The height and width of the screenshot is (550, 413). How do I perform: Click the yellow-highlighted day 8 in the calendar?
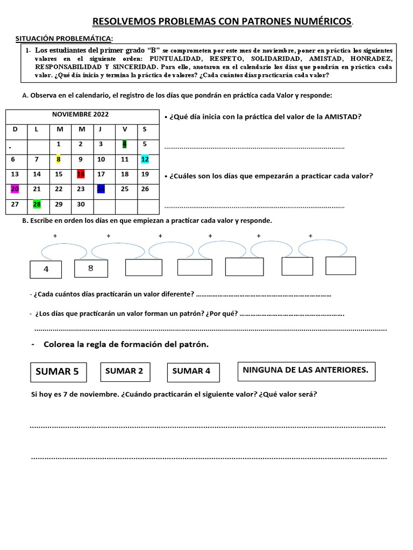coord(58,159)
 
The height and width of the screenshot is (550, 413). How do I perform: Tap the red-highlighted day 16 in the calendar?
coord(81,174)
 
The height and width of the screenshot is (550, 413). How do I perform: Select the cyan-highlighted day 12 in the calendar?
coord(145,159)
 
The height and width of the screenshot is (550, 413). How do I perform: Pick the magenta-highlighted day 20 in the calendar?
coord(15,189)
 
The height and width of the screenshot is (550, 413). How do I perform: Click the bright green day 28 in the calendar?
coord(37,204)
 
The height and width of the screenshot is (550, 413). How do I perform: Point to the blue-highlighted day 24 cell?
coord(101,189)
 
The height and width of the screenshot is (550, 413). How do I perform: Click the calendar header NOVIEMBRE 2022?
coord(80,114)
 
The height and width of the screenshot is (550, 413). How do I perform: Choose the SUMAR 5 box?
coord(57,371)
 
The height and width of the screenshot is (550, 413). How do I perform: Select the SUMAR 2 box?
coord(124,371)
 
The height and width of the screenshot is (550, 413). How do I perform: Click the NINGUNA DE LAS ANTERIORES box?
coord(305,371)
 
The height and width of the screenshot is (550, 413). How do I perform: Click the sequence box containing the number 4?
coord(46,270)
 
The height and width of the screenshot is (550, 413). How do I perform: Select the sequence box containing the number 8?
coord(90,269)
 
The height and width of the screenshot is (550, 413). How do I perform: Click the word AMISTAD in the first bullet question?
coord(343,117)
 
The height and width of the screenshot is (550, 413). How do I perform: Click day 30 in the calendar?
coord(81,204)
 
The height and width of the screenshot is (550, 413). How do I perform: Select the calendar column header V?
coord(125,129)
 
